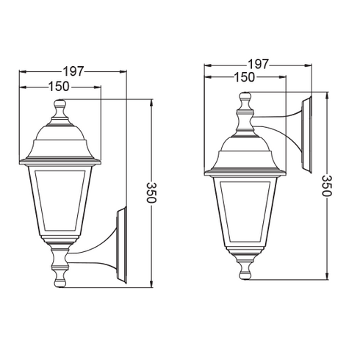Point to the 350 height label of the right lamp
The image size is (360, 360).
326,185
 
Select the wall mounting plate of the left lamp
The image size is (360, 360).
123,247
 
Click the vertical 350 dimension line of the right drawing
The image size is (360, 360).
326,235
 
